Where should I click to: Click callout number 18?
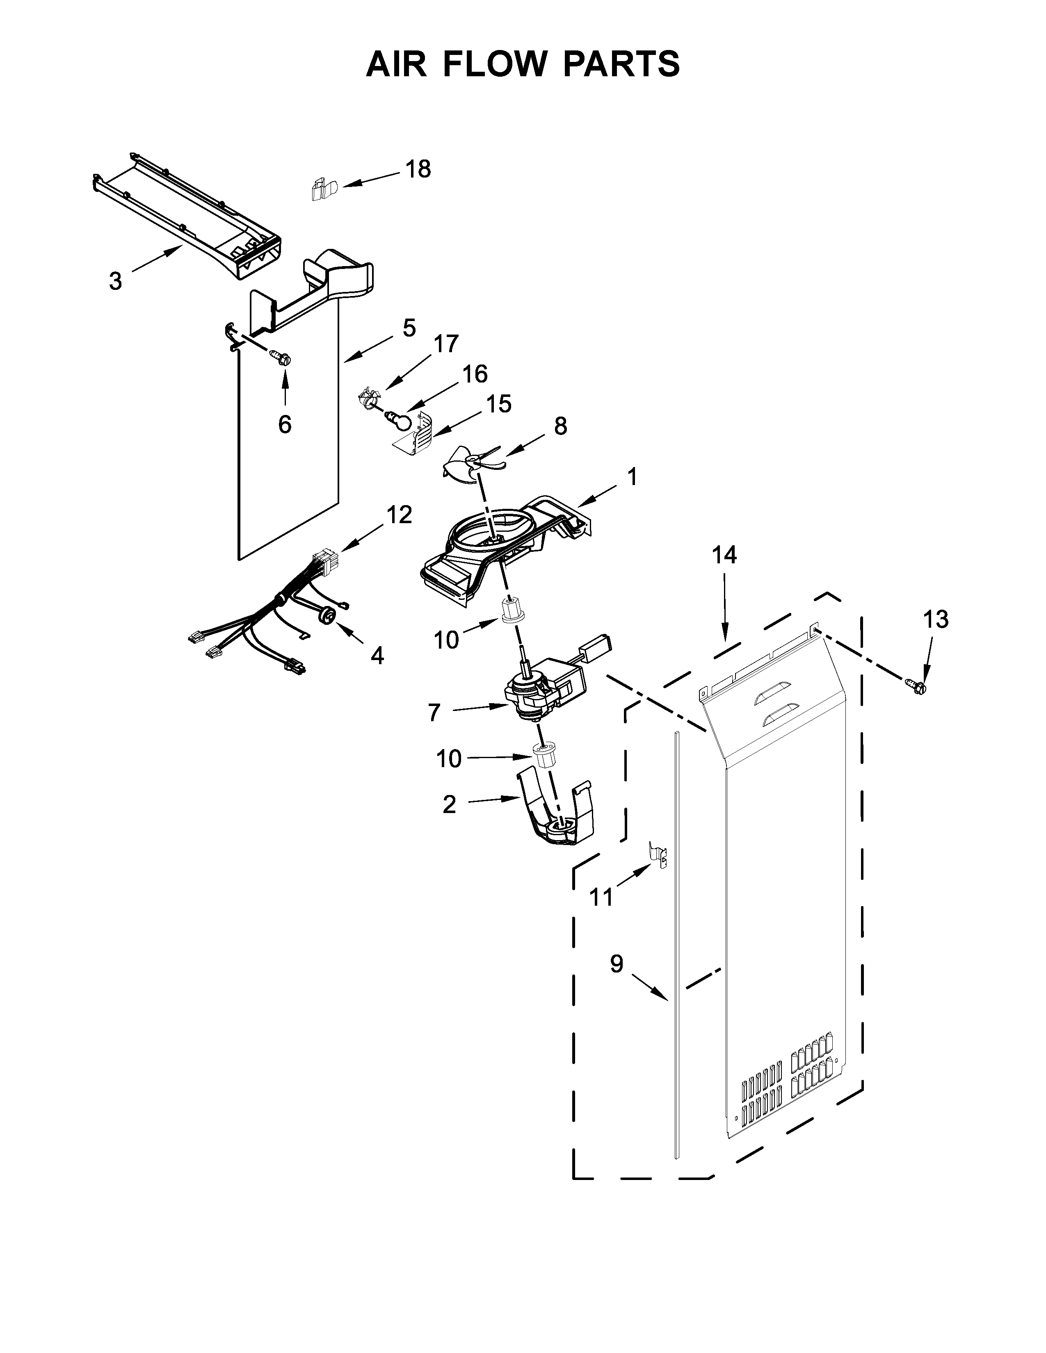pos(418,169)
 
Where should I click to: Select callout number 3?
pos(115,281)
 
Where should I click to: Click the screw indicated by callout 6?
pos(281,358)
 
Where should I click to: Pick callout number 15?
pos(498,404)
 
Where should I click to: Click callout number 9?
pos(616,964)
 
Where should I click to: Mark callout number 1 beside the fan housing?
pos(631,477)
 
